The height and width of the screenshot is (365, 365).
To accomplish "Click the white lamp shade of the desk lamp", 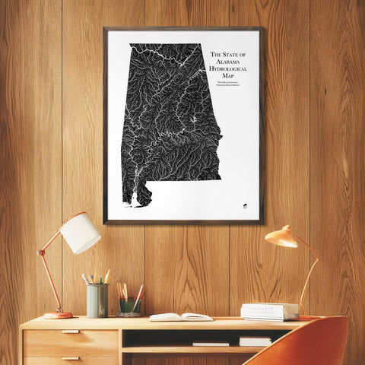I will (81, 233).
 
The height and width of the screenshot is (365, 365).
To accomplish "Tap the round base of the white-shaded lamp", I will (58, 314).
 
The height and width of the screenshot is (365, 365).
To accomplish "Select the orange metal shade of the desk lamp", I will (281, 237).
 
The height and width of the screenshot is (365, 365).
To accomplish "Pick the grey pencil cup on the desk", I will (97, 300).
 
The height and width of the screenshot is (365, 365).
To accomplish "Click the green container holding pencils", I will (129, 306).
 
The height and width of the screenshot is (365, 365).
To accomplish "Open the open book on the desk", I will (181, 316).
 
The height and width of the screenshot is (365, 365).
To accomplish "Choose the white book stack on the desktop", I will (270, 311).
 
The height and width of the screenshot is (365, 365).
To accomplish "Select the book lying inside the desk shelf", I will (211, 344).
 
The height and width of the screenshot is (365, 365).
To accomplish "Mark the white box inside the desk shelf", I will (255, 341).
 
